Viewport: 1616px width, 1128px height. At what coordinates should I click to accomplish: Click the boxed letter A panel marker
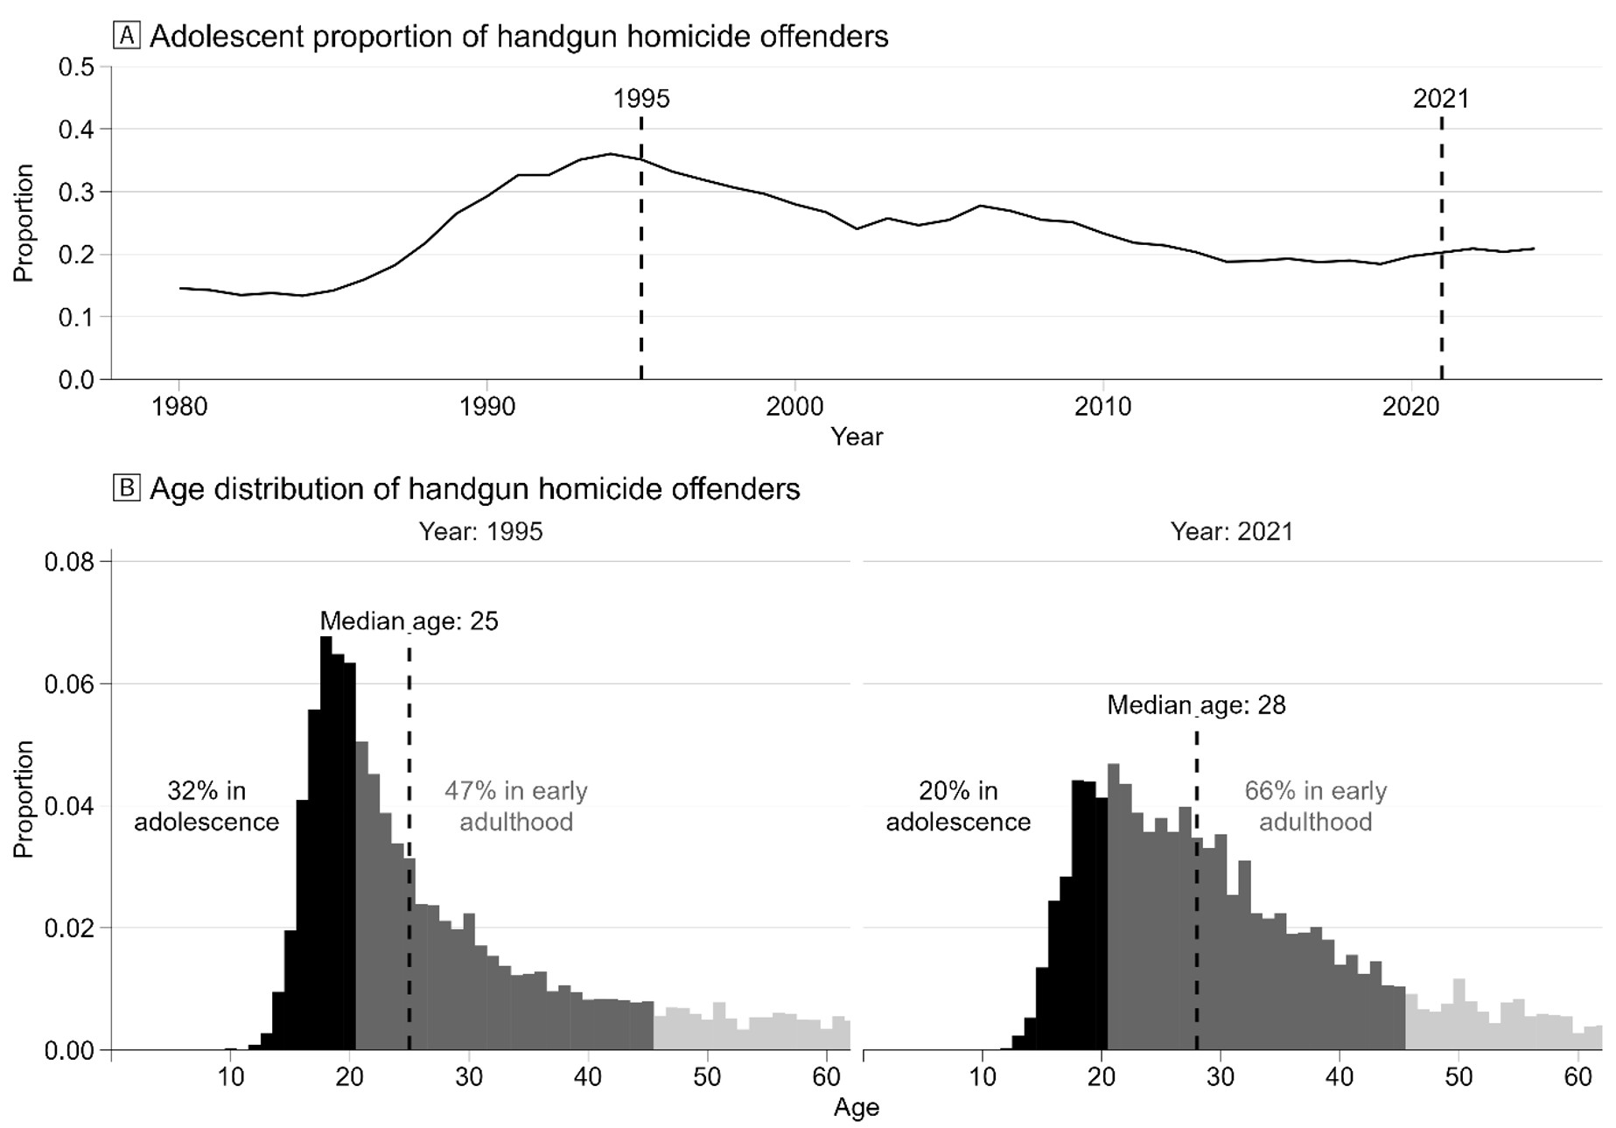point(127,36)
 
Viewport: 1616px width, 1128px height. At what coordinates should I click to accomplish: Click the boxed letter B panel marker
point(127,487)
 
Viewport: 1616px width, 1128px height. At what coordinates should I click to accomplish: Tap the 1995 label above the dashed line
point(641,98)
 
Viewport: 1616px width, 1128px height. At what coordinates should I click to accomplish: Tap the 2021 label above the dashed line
point(1441,98)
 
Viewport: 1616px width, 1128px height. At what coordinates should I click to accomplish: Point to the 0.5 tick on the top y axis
point(76,67)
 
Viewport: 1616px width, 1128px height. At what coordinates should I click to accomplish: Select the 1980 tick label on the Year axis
point(179,406)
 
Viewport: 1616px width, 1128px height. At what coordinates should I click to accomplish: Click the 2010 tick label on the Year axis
point(1103,406)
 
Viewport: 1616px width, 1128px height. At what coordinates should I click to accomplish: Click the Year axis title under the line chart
point(857,436)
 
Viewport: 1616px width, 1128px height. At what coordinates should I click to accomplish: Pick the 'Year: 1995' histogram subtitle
point(480,531)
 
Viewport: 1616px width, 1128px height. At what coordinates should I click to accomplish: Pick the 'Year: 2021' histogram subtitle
point(1232,531)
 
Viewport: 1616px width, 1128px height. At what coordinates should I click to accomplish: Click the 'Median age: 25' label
point(409,621)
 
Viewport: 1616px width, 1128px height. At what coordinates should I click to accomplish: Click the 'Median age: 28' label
point(1196,705)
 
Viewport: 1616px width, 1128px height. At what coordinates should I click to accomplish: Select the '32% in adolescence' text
point(206,806)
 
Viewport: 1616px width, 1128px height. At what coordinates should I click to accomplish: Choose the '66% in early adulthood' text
point(1315,806)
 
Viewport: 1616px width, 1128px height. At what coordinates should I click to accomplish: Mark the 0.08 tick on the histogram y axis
point(69,561)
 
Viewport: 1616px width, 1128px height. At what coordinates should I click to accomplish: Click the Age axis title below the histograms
point(856,1107)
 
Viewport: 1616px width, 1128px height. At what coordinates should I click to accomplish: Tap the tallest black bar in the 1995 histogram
point(325,840)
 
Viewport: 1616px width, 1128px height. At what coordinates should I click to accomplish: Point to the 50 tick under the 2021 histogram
point(1459,1075)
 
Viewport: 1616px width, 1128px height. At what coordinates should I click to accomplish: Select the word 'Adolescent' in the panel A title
point(221,36)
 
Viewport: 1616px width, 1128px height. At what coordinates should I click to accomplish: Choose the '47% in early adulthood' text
point(516,806)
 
